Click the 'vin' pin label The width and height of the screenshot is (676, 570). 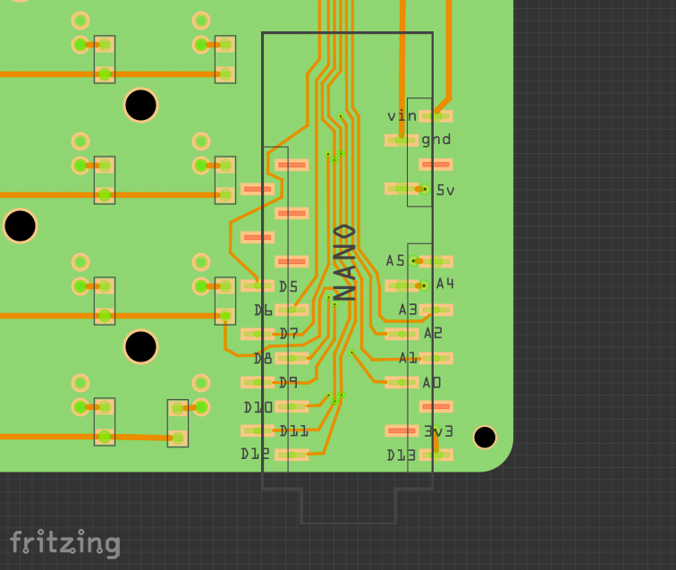pyautogui.click(x=401, y=115)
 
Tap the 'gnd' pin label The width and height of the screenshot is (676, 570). pyautogui.click(x=436, y=140)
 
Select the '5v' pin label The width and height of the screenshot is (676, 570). pyautogui.click(x=445, y=190)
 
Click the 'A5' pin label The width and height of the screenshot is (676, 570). pyautogui.click(x=395, y=260)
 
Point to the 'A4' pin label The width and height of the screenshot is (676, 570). pyautogui.click(x=444, y=284)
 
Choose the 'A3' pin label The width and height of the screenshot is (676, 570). pyautogui.click(x=408, y=310)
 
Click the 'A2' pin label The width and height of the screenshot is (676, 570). pyautogui.click(x=433, y=333)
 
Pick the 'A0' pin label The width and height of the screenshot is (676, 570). pyautogui.click(x=432, y=382)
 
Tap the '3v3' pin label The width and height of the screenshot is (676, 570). pyautogui.click(x=438, y=430)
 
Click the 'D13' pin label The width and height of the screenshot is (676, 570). pyautogui.click(x=401, y=455)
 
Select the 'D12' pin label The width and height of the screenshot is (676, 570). pyautogui.click(x=255, y=454)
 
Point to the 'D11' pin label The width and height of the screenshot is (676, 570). pyautogui.click(x=293, y=430)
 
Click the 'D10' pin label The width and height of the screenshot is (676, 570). pyautogui.click(x=258, y=407)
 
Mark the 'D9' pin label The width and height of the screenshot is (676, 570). pyautogui.click(x=288, y=382)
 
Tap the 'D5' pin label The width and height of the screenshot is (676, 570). pyautogui.click(x=288, y=286)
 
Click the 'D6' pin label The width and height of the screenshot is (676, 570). pyautogui.click(x=263, y=311)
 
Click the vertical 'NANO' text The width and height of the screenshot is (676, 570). pyautogui.click(x=345, y=260)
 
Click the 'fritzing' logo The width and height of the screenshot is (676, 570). pyautogui.click(x=64, y=543)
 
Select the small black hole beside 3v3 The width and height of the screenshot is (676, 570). pyautogui.click(x=485, y=437)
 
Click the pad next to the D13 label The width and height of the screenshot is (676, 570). pyautogui.click(x=435, y=455)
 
